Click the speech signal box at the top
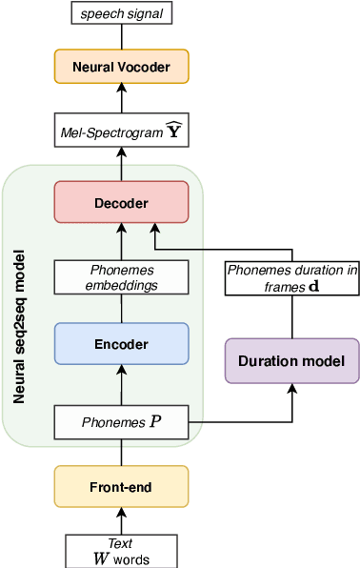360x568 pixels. pos(121,13)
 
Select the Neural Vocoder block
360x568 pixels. pos(121,67)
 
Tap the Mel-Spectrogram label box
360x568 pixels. pos(121,132)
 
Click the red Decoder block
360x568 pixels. pos(121,202)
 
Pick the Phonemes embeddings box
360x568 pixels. pos(121,277)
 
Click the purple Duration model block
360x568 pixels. pos(291,360)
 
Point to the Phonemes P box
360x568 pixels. pos(121,421)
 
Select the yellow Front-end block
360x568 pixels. pos(121,487)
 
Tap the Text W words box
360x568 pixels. pos(121,551)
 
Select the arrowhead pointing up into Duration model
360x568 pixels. pos(291,389)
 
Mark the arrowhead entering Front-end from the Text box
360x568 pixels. pos(121,513)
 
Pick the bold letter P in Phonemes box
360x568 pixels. pos(156,421)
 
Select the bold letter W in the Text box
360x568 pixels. pos(100,558)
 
